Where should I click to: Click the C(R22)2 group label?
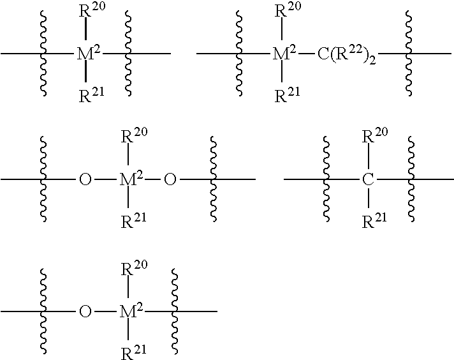click(347, 54)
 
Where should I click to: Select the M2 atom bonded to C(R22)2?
click(284, 54)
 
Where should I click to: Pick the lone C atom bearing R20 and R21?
click(368, 179)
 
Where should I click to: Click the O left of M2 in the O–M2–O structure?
click(85, 179)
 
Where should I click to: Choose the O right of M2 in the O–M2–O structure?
click(170, 179)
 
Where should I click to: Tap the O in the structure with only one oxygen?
click(85, 311)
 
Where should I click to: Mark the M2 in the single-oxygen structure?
click(131, 311)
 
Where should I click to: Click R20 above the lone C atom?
click(375, 135)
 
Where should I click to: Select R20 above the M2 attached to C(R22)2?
click(288, 10)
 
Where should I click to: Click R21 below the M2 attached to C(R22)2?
click(287, 94)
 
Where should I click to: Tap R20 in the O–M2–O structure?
click(134, 135)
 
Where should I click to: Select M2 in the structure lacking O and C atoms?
click(89, 54)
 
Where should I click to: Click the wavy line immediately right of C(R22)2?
click(409, 54)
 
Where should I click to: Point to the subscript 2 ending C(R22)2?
click(372, 61)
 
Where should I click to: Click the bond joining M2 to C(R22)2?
click(307, 54)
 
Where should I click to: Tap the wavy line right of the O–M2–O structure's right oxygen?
click(214, 179)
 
